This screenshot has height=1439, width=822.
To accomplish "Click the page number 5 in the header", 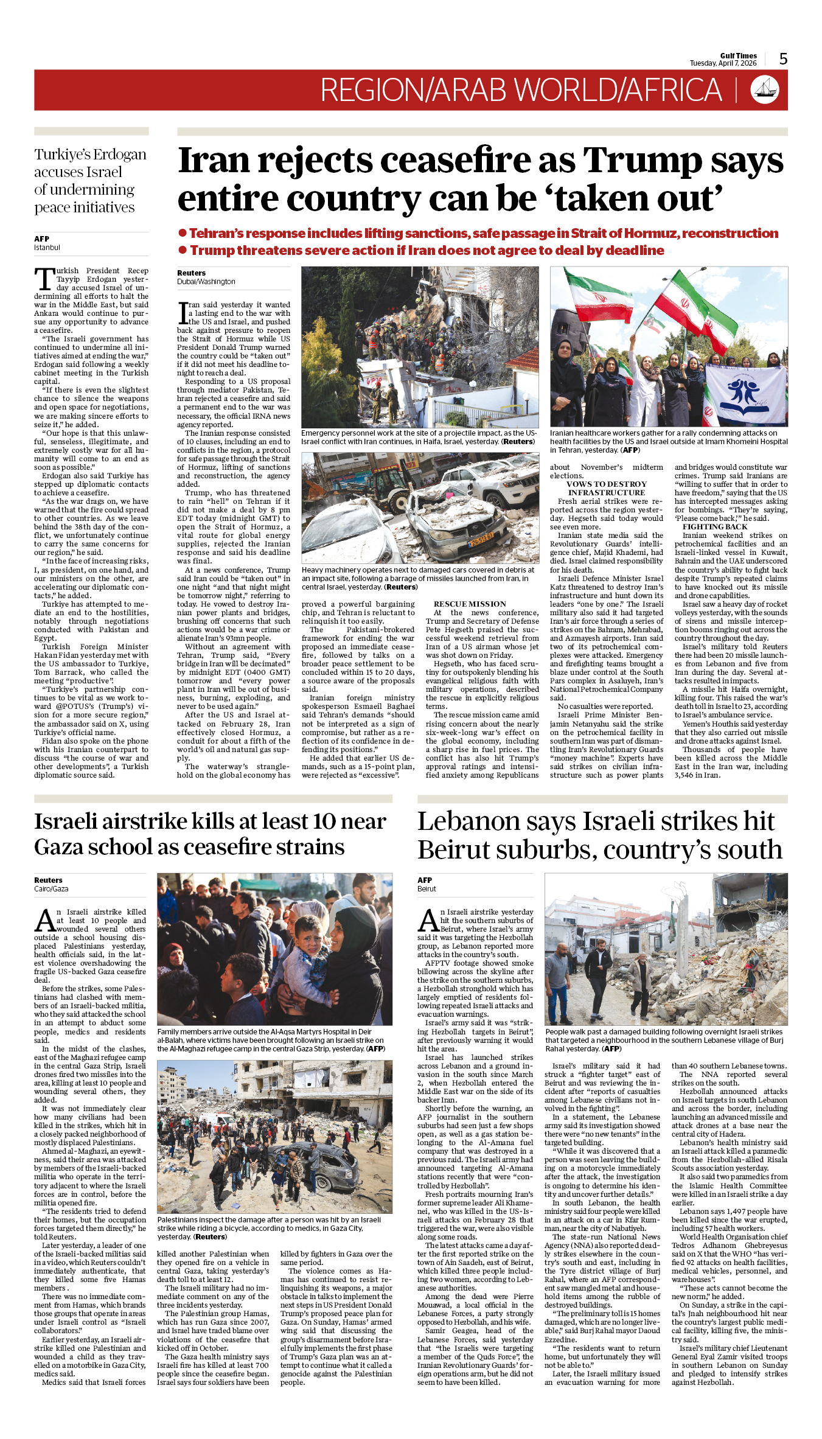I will [783, 58].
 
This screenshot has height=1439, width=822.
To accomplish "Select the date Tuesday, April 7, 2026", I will [723, 63].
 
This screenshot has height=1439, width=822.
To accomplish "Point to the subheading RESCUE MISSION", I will [470, 604].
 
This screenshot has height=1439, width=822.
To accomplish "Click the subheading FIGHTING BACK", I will [715, 527].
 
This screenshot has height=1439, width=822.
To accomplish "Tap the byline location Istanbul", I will [47, 248].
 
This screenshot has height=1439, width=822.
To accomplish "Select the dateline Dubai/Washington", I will [206, 282].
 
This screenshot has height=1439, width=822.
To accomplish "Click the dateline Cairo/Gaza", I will [51, 889].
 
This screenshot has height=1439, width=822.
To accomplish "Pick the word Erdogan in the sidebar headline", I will [120, 155].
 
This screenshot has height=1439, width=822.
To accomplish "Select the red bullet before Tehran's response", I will [182, 233].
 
